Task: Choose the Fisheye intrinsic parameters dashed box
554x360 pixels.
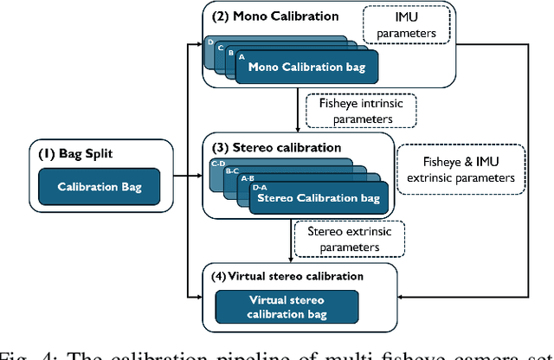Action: point(360,110)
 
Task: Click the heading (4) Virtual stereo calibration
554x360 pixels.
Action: point(287,276)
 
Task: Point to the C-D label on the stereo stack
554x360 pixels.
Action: point(218,162)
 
